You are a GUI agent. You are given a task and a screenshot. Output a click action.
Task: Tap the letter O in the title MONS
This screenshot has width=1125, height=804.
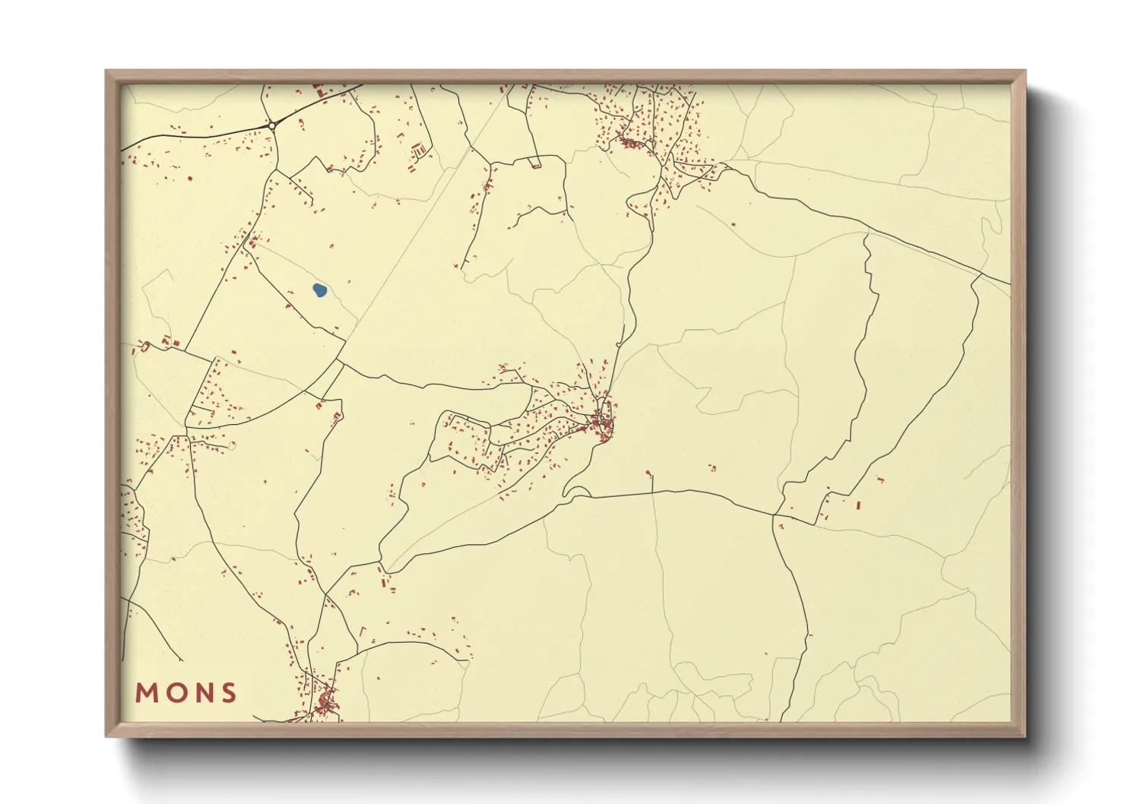(176, 693)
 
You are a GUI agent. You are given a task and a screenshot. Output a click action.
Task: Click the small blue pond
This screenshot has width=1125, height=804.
(319, 290)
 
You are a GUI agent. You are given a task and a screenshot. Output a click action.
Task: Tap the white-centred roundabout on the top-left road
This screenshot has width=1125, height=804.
(271, 125)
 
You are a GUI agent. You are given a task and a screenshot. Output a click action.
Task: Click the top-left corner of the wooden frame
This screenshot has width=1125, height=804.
(106, 71)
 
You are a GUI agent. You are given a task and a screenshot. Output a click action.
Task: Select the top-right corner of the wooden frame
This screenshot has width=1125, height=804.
(1025, 71)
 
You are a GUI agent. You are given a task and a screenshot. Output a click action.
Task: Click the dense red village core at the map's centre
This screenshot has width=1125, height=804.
(604, 424)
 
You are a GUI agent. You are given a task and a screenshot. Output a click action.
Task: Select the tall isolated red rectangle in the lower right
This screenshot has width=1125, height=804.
(858, 505)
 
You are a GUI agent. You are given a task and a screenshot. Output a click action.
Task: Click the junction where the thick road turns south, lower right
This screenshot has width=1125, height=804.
(774, 516)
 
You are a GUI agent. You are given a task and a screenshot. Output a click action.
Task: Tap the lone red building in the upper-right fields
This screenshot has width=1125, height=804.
(733, 224)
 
